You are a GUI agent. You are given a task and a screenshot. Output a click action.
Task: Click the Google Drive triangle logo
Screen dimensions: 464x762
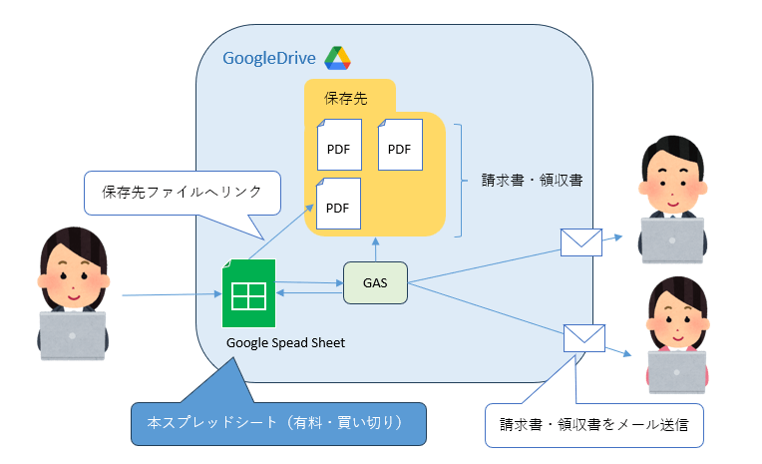tap(337, 58)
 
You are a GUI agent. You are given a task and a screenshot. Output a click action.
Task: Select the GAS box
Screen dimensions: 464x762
tap(375, 283)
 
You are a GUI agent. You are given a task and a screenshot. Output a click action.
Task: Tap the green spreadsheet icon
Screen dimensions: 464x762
tap(247, 293)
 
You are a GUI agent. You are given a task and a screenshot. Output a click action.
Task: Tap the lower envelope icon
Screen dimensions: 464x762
tap(584, 337)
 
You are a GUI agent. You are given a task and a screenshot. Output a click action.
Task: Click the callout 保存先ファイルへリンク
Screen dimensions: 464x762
tap(183, 191)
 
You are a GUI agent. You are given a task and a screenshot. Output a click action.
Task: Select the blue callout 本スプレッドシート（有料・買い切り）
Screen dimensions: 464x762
tap(278, 423)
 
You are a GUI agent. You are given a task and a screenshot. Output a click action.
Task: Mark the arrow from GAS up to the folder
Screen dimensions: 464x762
tap(375, 249)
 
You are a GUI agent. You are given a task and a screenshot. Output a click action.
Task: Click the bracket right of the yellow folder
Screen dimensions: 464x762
tap(458, 181)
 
